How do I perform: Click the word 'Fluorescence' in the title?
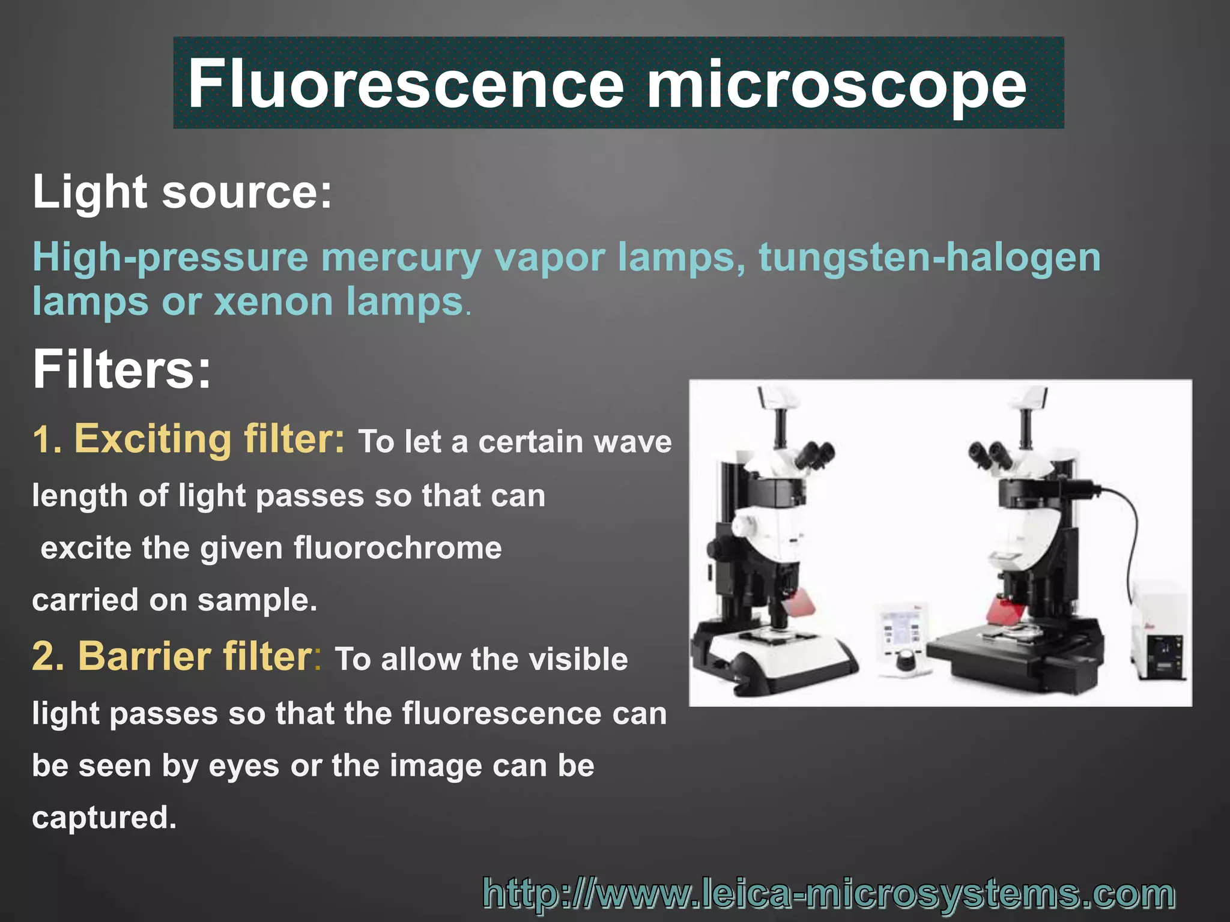[x=406, y=84]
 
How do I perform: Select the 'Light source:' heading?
[x=182, y=192]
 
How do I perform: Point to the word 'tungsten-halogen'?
[x=930, y=257]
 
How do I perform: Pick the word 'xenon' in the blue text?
[x=274, y=301]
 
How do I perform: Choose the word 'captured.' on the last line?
[x=105, y=818]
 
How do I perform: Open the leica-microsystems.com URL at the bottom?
[x=829, y=893]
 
